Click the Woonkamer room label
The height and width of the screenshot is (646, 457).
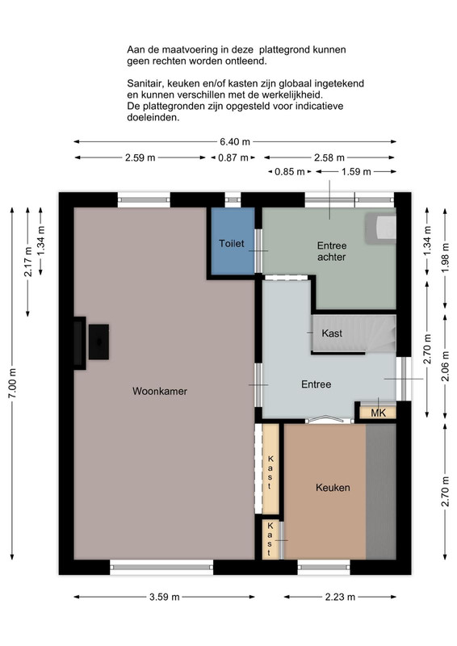click(160, 391)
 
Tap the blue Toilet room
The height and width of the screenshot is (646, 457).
click(233, 241)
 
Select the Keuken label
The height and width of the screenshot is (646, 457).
click(333, 488)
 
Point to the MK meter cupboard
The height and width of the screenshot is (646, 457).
click(378, 413)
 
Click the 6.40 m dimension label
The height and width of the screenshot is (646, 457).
click(235, 142)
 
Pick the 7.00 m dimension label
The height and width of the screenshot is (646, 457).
click(12, 383)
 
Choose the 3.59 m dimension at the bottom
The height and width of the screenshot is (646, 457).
click(165, 597)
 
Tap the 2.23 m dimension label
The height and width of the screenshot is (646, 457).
click(340, 597)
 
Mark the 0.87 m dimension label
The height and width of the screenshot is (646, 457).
click(233, 157)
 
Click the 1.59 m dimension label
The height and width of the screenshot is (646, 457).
click(356, 171)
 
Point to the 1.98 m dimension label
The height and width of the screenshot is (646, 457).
click(446, 258)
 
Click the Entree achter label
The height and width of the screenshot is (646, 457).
click(331, 251)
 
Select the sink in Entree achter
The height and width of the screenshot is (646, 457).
click(381, 229)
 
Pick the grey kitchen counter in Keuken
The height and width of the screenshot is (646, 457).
click(381, 491)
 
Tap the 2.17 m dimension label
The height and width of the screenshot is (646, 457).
click(28, 262)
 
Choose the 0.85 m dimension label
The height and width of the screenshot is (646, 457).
click(290, 171)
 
